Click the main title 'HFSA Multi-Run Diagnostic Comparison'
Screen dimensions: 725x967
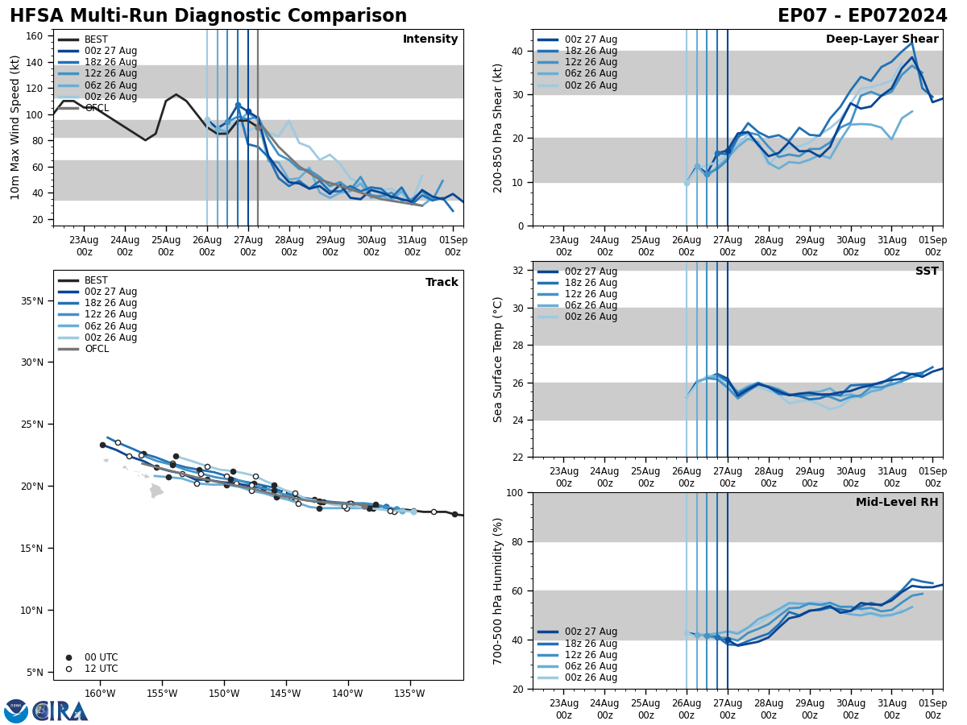click(x=208, y=16)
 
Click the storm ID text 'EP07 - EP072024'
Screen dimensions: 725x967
click(x=862, y=16)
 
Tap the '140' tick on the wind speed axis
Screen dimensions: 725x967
click(x=35, y=62)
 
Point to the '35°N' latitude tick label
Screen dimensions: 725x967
click(x=33, y=301)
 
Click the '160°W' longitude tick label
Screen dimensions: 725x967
click(x=99, y=693)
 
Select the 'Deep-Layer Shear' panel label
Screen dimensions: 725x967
click(x=882, y=39)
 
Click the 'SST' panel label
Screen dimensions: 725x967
click(x=927, y=271)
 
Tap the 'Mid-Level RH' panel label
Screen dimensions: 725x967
click(x=897, y=503)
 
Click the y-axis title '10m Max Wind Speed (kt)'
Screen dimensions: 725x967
click(x=15, y=127)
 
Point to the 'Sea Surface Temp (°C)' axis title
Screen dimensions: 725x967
click(x=498, y=359)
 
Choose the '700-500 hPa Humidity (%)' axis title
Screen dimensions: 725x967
click(x=498, y=590)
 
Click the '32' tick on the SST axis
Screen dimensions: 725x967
click(x=519, y=271)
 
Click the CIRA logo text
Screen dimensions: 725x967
click(x=60, y=710)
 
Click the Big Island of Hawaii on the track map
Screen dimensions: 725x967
click(x=156, y=490)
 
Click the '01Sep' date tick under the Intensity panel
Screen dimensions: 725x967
click(x=453, y=246)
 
